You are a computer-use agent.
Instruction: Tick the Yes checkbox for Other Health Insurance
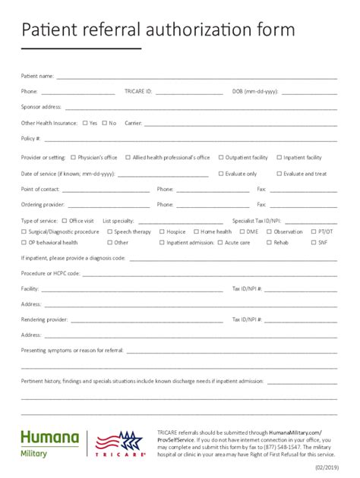coord(84,122)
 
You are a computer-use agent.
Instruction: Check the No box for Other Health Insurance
coord(104,122)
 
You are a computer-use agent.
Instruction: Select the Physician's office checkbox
coord(73,157)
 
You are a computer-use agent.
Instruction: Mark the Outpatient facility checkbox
coord(221,157)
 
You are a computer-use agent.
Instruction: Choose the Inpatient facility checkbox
coord(278,157)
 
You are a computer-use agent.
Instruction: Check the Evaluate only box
coord(221,173)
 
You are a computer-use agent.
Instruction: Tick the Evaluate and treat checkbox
coord(278,173)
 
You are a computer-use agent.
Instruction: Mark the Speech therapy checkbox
coord(109,231)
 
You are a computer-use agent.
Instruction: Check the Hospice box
coord(162,231)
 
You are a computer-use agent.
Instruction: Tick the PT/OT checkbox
coord(313,231)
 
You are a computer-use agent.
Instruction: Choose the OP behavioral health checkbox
coord(23,243)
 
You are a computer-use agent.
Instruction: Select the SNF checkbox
coord(313,243)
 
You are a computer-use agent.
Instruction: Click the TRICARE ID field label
coord(138,91)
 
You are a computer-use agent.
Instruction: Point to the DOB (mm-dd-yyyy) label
coord(255,91)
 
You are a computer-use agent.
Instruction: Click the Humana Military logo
coord(49,442)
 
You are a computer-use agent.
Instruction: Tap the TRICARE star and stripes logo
coord(121,442)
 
